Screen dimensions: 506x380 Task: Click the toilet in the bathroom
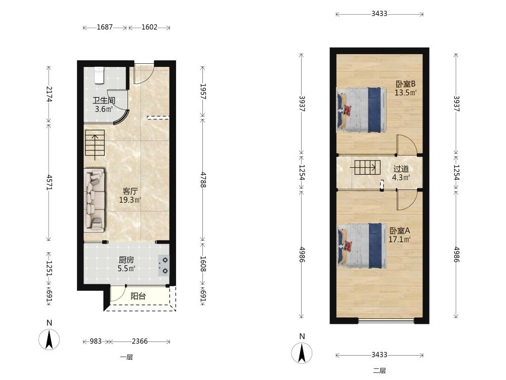pos(99,75)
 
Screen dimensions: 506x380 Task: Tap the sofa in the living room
pos(95,200)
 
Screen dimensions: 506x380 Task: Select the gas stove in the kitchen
pos(163,265)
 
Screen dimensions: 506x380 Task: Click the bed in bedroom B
pos(361,110)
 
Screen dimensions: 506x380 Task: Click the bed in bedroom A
pos(361,246)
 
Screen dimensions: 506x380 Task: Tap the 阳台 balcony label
pos(138,296)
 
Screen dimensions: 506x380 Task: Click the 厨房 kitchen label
pos(126,260)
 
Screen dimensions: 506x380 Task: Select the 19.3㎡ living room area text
pos(130,200)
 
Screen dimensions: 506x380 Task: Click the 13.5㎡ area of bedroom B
pos(406,93)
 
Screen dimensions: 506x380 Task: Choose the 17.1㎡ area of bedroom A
pos(400,240)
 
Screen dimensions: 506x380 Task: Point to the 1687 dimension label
pos(105,27)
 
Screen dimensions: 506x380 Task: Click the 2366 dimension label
pos(140,341)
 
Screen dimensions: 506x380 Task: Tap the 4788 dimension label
pos(203,180)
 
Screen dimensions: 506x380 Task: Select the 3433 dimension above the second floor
pos(379,14)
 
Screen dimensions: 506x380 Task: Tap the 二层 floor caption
pos(379,371)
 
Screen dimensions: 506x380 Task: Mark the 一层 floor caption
pos(126,357)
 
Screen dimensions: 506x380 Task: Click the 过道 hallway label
pos(401,169)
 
